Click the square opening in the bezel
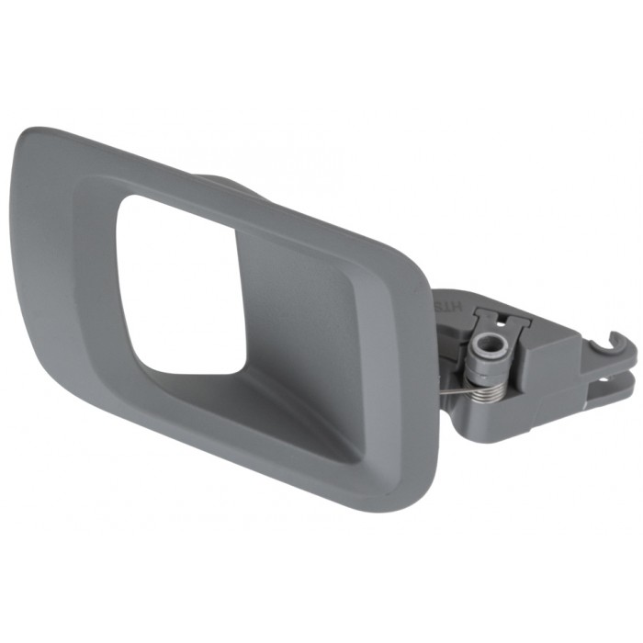click(179, 285)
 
